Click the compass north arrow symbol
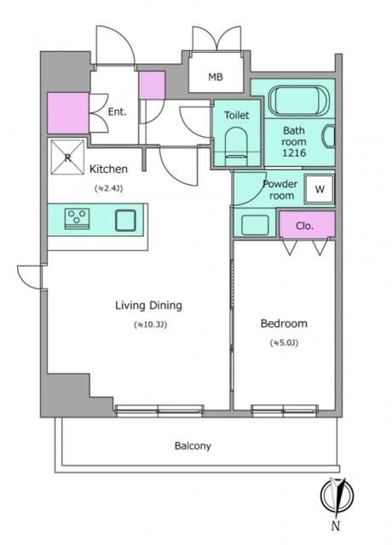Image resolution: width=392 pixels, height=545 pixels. [x=337, y=496]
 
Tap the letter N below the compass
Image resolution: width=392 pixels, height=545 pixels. [x=335, y=526]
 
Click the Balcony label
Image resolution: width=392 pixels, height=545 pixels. [x=193, y=446]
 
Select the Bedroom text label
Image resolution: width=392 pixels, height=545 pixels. [x=284, y=324]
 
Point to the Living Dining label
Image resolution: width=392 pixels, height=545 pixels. [x=148, y=306]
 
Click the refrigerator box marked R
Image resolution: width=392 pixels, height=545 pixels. [x=67, y=157]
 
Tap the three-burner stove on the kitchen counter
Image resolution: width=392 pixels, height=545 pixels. [x=77, y=219]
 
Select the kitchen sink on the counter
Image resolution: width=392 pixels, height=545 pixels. [x=125, y=221]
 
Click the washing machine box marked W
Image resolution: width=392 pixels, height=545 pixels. [x=320, y=189]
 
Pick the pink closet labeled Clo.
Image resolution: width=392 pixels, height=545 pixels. [x=307, y=224]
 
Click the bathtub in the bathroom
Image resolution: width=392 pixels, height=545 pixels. [x=297, y=100]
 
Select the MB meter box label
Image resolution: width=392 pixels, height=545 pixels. [x=216, y=77]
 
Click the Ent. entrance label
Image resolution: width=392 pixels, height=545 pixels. [x=118, y=112]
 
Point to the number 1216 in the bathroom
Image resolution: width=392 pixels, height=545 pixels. [x=294, y=152]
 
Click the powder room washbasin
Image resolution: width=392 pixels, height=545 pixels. [x=255, y=225]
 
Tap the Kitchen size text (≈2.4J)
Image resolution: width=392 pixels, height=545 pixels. [x=108, y=188]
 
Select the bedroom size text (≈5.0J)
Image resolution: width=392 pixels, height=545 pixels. [x=284, y=342]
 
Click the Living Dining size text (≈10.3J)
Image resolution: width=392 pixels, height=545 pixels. [x=150, y=324]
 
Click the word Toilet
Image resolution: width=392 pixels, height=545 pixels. [x=237, y=115]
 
